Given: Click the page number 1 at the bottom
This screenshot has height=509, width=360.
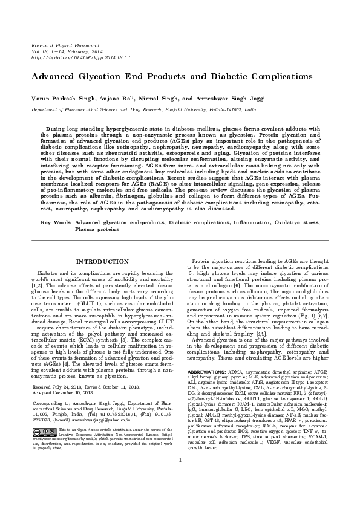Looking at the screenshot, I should (180, 494).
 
